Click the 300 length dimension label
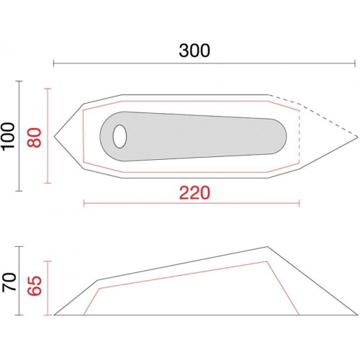pos(194,50)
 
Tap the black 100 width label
pos(9,137)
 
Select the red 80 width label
pos(34,138)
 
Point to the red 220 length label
pos(194,193)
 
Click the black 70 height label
pos(9,282)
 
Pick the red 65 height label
pos(34,286)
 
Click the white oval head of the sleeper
pos(120,136)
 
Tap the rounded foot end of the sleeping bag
pos(279,136)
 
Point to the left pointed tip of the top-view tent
pos(55,137)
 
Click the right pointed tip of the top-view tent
pos(358,137)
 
